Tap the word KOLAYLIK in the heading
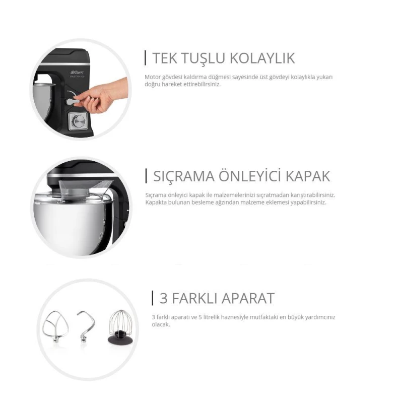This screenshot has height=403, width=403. (262, 58)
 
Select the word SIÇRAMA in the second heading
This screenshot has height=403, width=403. (184, 176)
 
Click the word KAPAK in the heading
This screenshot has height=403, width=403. (308, 176)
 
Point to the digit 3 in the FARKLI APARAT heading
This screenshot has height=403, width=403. (163, 298)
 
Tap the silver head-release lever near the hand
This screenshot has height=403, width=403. (73, 102)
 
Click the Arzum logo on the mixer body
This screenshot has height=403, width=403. (77, 73)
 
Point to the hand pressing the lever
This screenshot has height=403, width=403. (103, 95)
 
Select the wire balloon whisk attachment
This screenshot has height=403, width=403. (120, 326)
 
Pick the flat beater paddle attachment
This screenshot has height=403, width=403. (55, 326)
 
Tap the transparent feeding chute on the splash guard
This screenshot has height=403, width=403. (85, 189)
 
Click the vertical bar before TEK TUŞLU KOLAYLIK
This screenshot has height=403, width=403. (146, 58)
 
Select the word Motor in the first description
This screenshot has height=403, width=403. (153, 77)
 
